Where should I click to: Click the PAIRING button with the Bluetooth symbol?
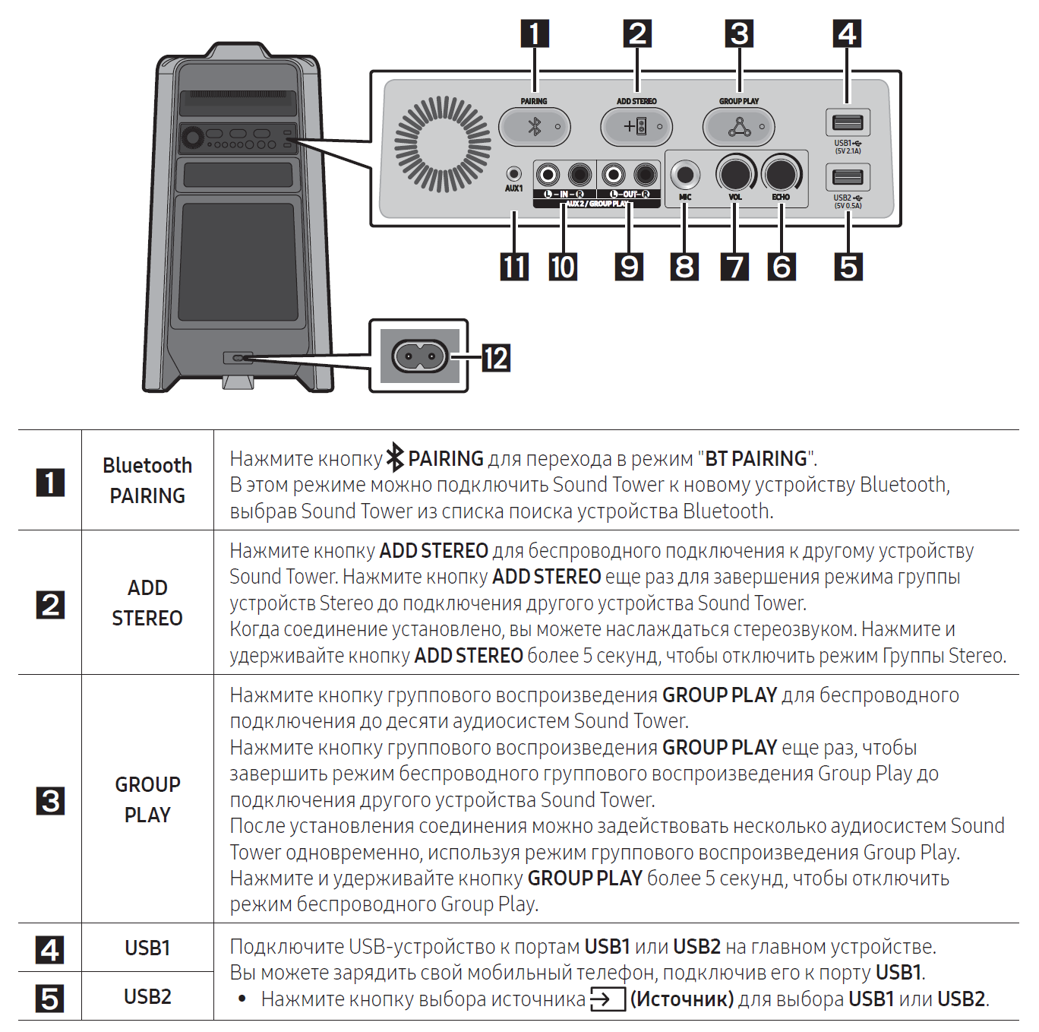[534, 126]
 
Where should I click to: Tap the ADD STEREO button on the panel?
[636, 126]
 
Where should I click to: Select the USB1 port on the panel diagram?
[848, 122]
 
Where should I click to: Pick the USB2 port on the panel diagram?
[848, 177]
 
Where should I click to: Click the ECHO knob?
[782, 174]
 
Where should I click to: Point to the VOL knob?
[734, 174]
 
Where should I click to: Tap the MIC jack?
[685, 175]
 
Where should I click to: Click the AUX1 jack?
[514, 174]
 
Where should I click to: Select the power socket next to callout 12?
[418, 356]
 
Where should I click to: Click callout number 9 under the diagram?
[630, 267]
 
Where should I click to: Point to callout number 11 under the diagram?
[514, 267]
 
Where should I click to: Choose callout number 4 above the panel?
[847, 33]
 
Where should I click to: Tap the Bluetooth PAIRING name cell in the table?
[147, 480]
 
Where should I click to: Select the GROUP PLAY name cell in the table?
[147, 799]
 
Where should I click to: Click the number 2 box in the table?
[50, 605]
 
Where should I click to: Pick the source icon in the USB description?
[607, 999]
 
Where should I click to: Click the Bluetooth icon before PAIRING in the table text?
[395, 457]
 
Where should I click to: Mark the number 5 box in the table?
[50, 998]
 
